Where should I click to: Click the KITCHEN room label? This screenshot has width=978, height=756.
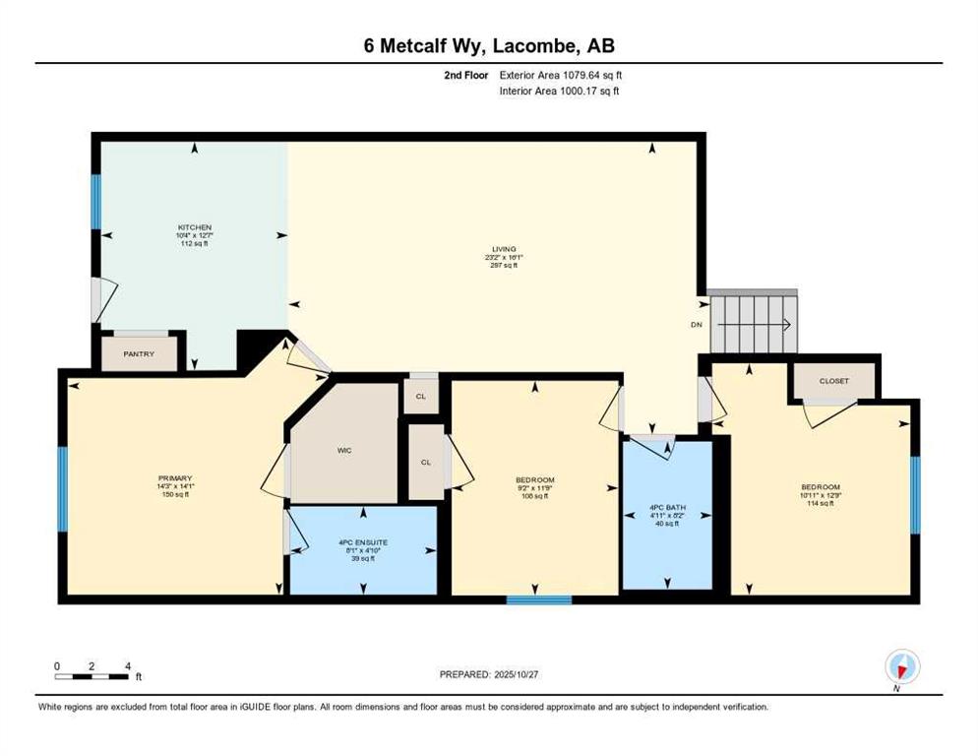194,227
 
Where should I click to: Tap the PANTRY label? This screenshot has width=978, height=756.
140,353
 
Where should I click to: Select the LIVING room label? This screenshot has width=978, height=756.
505,249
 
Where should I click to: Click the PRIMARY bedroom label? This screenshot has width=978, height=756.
174,477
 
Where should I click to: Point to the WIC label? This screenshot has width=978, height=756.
344,450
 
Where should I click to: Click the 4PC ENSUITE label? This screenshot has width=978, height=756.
363,541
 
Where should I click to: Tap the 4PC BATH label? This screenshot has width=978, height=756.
667,508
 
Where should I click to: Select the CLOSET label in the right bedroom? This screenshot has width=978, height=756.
834,381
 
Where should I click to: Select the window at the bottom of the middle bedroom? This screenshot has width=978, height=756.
539,598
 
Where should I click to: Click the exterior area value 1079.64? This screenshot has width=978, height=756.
570,75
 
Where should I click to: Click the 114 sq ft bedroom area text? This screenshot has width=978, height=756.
820,503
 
